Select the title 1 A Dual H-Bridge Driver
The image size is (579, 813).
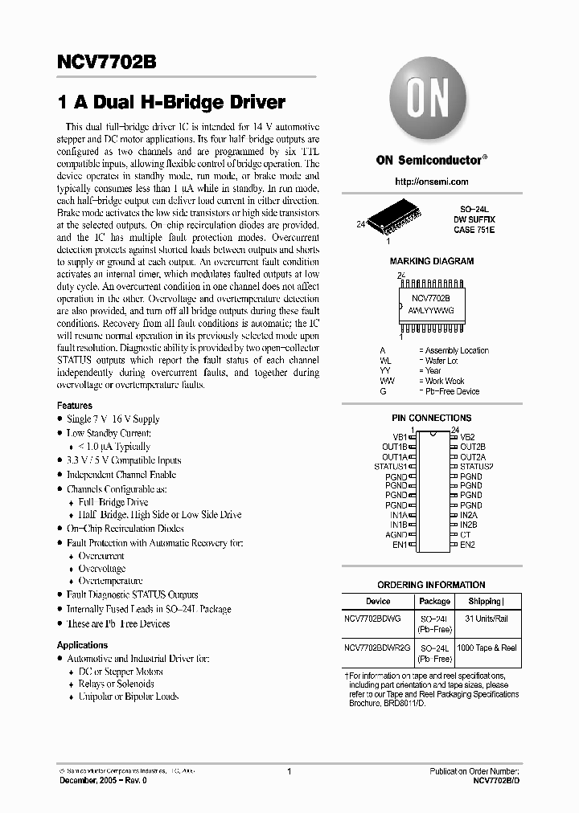(171, 103)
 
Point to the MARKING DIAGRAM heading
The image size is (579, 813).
(431, 261)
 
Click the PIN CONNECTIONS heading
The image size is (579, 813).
(431, 418)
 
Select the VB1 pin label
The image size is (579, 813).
(400, 436)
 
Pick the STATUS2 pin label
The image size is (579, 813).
(476, 466)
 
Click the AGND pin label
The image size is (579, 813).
(396, 534)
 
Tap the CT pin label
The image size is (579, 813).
(465, 534)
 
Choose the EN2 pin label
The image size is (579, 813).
(467, 545)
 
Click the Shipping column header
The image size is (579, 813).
(484, 601)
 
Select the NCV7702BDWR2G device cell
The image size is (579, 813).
(377, 648)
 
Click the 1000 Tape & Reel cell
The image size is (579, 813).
(487, 648)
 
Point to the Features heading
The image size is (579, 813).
(75, 406)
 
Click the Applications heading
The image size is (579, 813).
(82, 645)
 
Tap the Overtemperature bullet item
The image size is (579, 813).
(110, 581)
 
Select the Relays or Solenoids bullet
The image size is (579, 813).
(116, 684)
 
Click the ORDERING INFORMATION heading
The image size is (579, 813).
(431, 585)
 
